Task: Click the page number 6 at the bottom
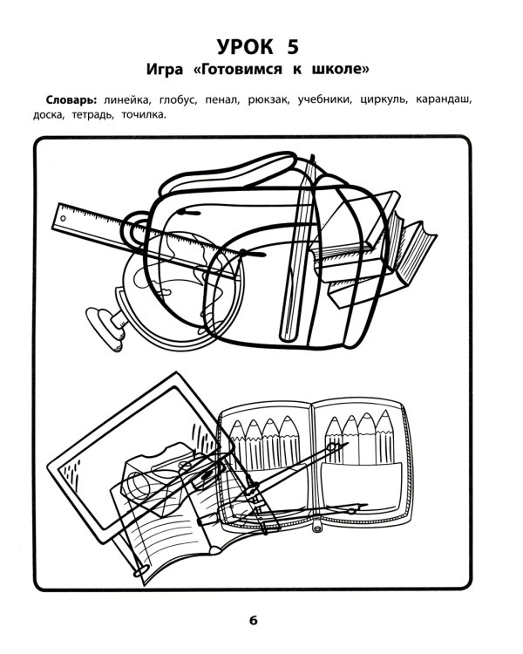253,621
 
